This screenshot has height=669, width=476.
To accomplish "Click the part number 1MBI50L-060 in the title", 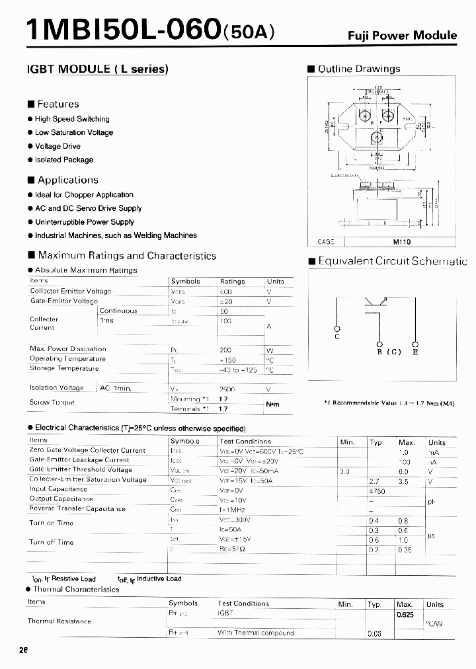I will coord(122,30).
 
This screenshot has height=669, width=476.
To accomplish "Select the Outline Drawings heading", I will coord(359,69).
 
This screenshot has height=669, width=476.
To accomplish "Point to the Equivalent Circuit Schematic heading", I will coord(392,261).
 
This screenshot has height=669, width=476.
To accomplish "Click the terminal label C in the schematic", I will coord(337,337).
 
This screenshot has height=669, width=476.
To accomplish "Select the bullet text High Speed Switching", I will coord(71,119).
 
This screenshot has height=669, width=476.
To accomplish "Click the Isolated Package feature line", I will coord(63,160).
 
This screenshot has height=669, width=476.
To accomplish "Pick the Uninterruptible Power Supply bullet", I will coord(84,222).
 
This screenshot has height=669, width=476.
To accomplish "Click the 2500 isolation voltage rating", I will coord(227,389).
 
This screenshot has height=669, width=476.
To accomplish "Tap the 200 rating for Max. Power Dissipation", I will coord(226,349).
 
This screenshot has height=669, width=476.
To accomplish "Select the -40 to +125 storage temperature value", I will coord(237,370).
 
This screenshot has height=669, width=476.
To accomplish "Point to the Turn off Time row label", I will coord(52,543).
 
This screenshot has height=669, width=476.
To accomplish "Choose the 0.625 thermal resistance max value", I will coord(405,615).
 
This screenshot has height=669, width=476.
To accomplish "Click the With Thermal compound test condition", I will coord(255,633).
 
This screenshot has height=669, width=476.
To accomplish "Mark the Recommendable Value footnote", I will coord(399,403).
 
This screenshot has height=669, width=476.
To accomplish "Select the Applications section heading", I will coord(67,180).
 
